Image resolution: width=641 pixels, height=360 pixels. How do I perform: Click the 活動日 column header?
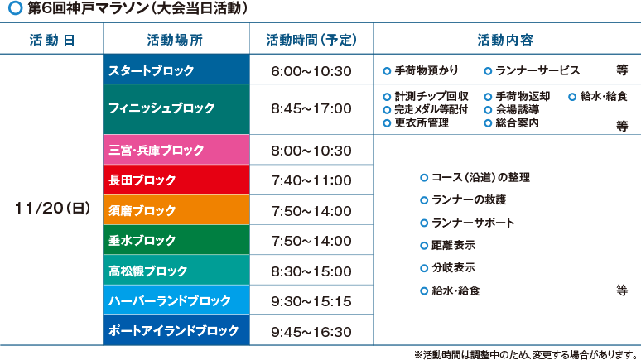[x=52, y=40]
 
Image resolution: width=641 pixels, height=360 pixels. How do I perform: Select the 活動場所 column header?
[x=175, y=40]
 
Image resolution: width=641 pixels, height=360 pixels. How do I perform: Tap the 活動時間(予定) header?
[x=311, y=40]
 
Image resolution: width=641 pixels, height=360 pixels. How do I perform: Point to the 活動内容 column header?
[x=505, y=40]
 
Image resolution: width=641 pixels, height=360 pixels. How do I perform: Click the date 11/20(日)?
[x=52, y=209]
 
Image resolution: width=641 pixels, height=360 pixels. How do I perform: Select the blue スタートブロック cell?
[x=176, y=70]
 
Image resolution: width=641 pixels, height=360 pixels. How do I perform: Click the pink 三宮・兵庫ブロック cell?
[x=176, y=150]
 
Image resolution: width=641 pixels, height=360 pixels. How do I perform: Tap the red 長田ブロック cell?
[x=176, y=180]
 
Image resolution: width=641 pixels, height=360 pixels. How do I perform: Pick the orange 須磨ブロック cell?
[x=176, y=210]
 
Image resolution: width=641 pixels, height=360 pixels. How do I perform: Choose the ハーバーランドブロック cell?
[x=176, y=300]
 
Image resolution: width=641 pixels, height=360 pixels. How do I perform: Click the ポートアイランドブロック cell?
[x=176, y=330]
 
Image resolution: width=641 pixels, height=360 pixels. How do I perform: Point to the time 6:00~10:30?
[x=311, y=71]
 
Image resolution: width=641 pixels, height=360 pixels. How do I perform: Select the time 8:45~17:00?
[x=311, y=108]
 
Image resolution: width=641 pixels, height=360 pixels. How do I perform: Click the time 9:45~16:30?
[x=311, y=332]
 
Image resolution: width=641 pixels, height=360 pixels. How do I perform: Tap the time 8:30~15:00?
[x=311, y=271]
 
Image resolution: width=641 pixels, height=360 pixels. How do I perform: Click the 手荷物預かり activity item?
[x=421, y=70]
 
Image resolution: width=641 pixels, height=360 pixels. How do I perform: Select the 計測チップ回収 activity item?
[x=426, y=97]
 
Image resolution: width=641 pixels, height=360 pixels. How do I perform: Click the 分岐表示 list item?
[x=448, y=268]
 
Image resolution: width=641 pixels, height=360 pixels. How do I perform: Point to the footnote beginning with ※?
[x=527, y=354]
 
